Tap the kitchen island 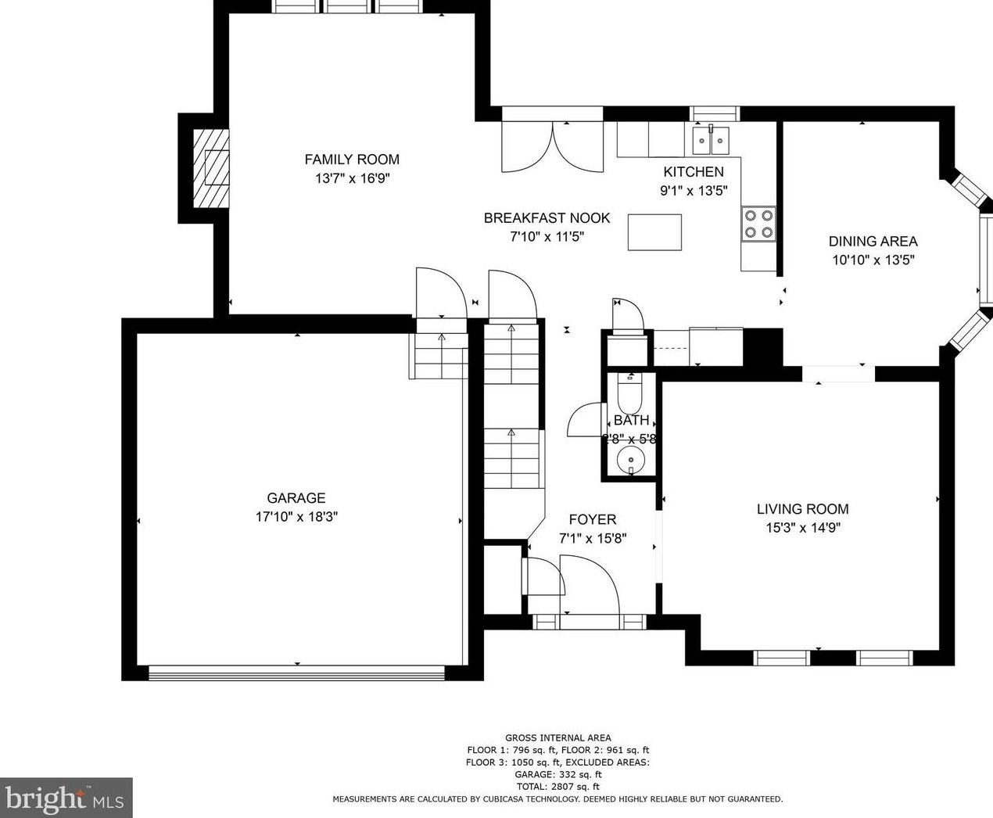tap(654, 232)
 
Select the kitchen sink tap(711, 142)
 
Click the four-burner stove tap(758, 224)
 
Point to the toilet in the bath tap(629, 394)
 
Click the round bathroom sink tap(630, 460)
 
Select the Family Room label tap(352, 160)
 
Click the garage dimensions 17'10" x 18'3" tap(296, 517)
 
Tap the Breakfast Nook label tap(547, 218)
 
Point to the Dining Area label tap(873, 242)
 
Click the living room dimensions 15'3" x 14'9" tap(802, 528)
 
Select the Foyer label tap(592, 519)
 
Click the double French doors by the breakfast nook tap(552, 147)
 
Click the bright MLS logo tap(66, 798)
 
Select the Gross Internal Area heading tap(557, 737)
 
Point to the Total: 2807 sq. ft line tap(557, 787)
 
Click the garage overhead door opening tap(297, 672)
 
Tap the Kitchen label tap(694, 172)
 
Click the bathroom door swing tap(582, 420)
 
